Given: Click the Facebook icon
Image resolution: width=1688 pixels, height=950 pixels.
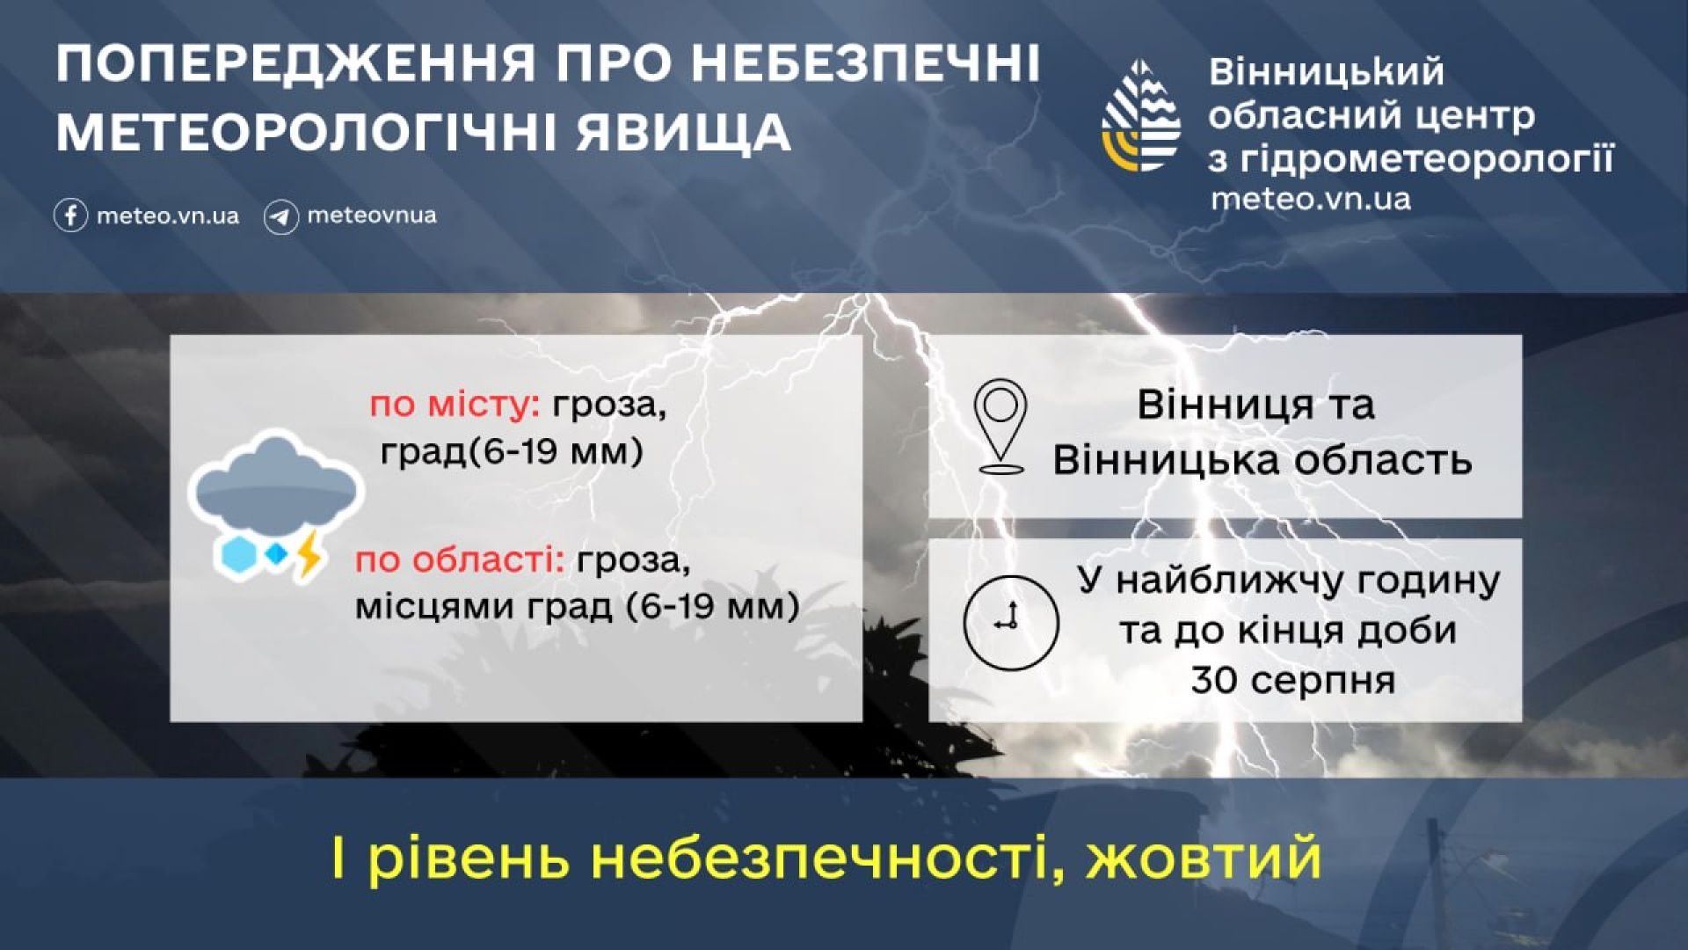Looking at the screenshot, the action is tap(70, 216).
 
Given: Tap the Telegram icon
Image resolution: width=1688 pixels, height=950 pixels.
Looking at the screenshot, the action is tap(280, 216).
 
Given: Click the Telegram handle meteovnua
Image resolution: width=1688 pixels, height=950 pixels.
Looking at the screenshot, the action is tap(372, 216).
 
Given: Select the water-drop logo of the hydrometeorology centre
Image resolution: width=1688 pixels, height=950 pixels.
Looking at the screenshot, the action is tap(1141, 115).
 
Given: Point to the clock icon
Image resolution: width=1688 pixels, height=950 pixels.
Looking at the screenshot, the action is tap(1011, 622).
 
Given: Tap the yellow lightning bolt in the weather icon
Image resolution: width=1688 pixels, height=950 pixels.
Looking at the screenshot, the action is tap(309, 552).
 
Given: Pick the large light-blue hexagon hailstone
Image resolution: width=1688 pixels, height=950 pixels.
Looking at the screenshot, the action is tap(238, 553).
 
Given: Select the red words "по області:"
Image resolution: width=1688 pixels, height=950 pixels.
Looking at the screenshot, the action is tap(460, 560).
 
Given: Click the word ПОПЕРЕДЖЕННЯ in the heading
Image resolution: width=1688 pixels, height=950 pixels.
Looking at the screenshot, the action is tap(295, 63).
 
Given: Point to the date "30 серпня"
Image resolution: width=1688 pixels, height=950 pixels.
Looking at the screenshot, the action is tap(1293, 680).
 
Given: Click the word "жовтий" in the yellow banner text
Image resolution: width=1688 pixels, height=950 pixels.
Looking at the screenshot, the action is tap(1204, 857).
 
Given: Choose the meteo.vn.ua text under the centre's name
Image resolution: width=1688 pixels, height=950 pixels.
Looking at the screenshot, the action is tap(1311, 199).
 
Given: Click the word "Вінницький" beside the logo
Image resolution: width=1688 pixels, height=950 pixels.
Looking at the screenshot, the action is tap(1327, 72).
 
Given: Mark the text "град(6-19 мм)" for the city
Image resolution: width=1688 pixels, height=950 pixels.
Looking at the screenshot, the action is tap(512, 452).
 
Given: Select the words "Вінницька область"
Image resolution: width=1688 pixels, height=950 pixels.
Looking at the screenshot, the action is tap(1262, 460).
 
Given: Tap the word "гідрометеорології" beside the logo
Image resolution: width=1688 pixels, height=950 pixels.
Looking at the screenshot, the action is tap(1427, 159).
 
